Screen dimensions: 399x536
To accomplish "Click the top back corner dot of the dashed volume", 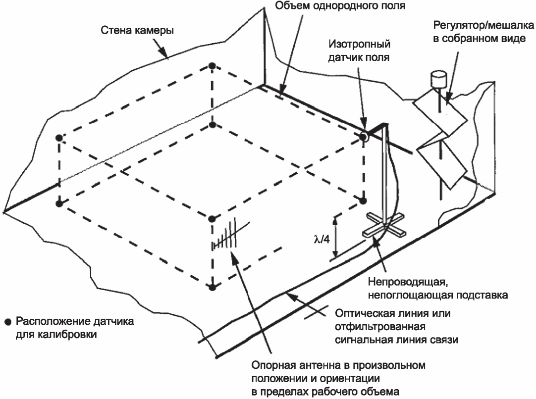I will [212, 66].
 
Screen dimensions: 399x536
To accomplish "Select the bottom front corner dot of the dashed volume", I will [212, 287].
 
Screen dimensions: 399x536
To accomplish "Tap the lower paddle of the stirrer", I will [441, 161].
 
